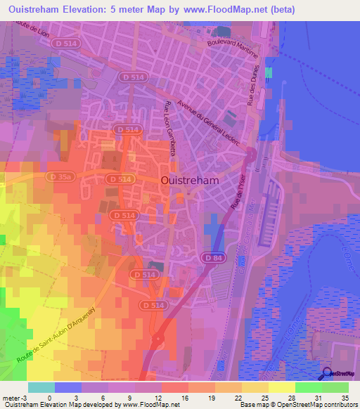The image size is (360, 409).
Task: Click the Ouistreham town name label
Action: (x=190, y=180)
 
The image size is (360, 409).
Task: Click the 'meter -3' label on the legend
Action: (x=14, y=396)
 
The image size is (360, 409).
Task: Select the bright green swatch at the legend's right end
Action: (x=335, y=387)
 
